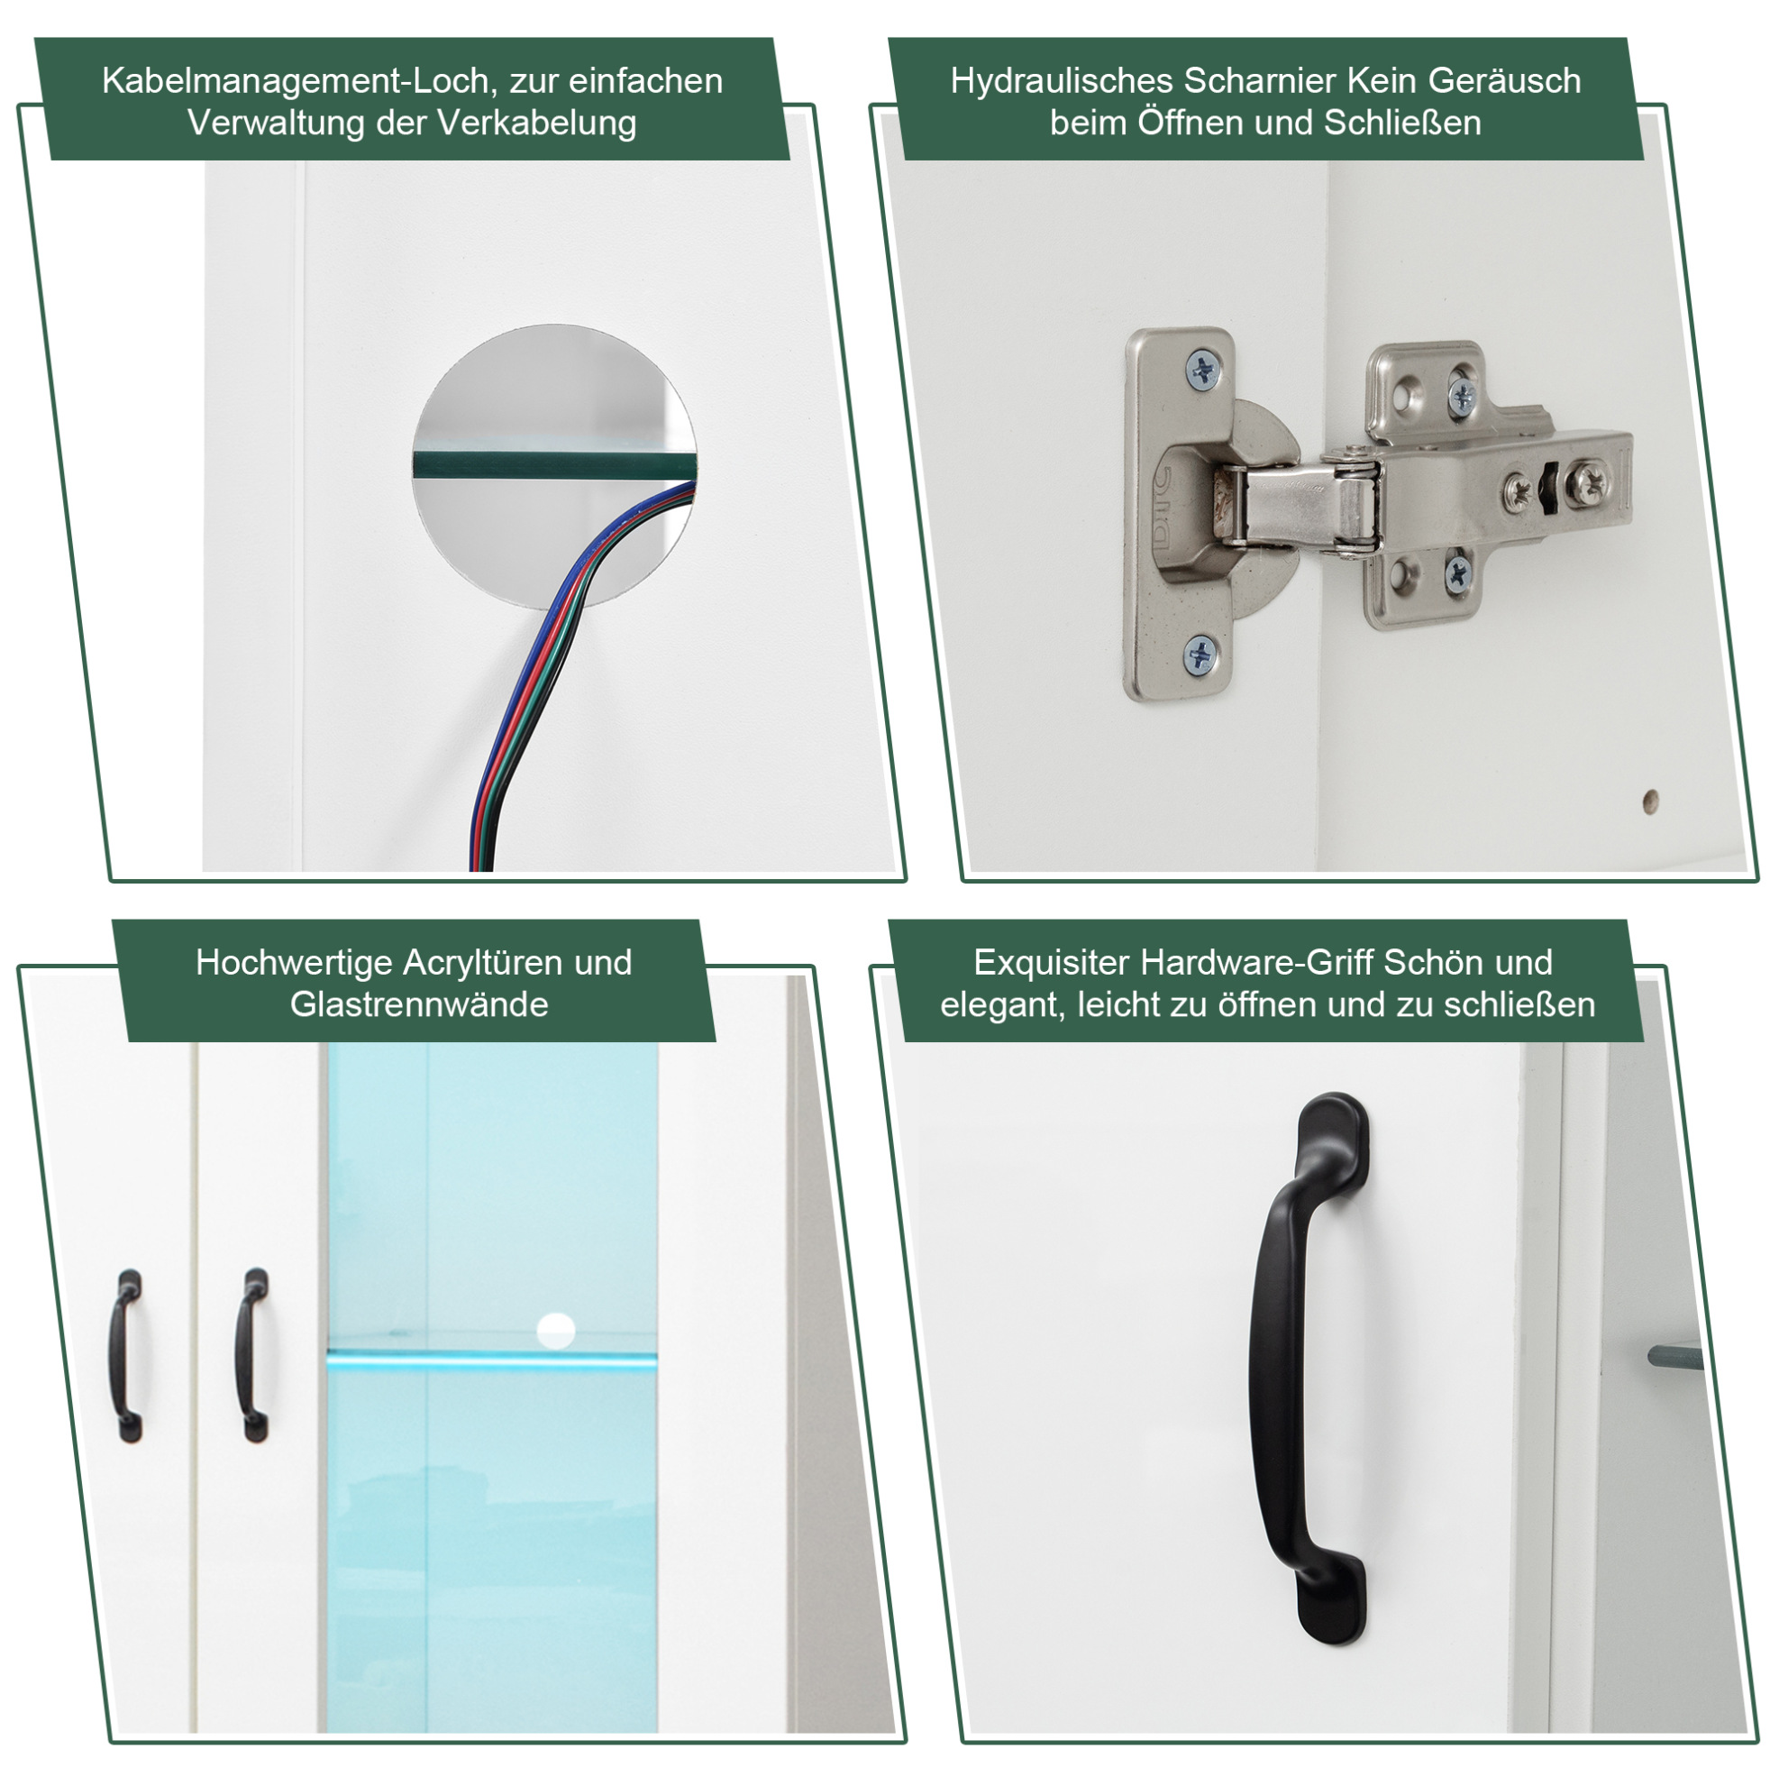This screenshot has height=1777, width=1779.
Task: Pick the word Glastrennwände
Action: point(419,1004)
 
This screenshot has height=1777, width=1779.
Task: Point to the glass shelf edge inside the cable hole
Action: point(553,464)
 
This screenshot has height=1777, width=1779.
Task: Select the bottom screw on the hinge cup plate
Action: point(1200,653)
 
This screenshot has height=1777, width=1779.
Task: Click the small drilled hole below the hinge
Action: point(1651,801)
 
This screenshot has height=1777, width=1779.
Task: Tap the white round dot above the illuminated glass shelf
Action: point(555,1330)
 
